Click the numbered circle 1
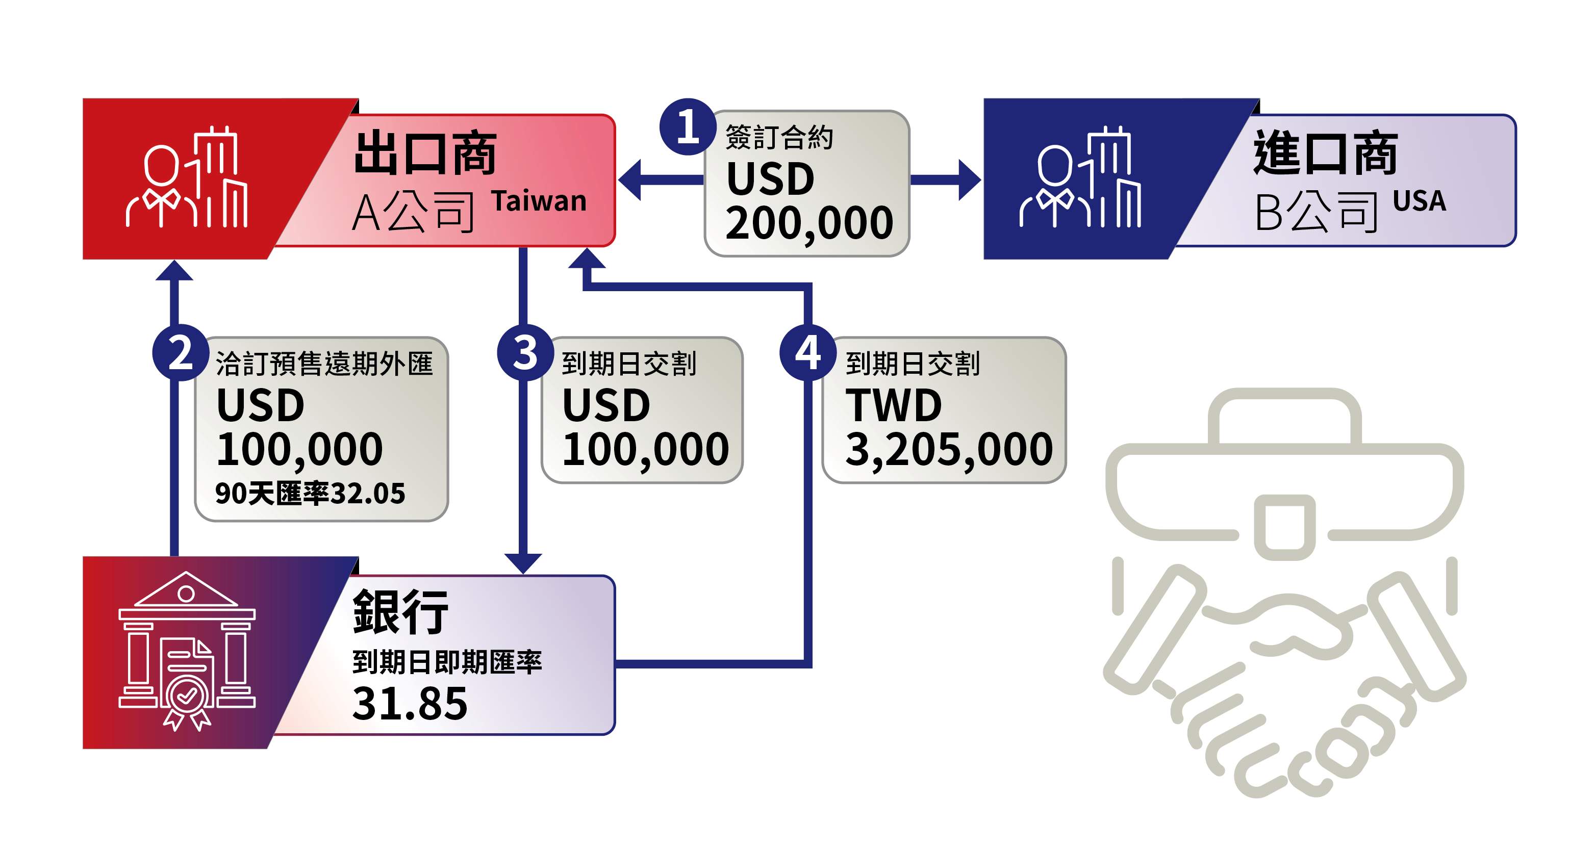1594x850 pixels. click(x=688, y=127)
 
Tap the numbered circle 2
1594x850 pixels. click(x=180, y=353)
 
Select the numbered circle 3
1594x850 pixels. click(x=525, y=353)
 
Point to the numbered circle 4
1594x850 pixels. click(x=808, y=353)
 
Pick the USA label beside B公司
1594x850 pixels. click(x=1420, y=201)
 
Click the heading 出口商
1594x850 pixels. click(x=426, y=153)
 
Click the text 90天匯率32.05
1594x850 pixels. click(x=310, y=493)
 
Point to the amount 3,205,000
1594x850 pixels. click(x=949, y=450)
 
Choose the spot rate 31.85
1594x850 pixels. click(x=410, y=703)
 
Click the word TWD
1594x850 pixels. click(x=894, y=405)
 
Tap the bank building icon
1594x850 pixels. click(x=187, y=651)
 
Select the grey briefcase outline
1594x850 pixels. click(x=1284, y=473)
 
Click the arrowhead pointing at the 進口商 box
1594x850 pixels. click(x=970, y=180)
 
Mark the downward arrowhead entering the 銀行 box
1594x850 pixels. click(x=523, y=563)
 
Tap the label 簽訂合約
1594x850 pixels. click(x=779, y=137)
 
